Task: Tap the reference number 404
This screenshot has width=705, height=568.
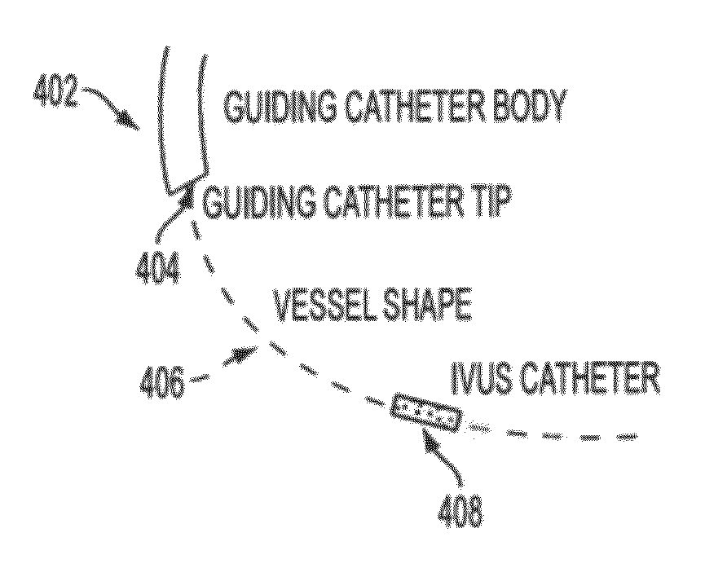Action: click(x=157, y=266)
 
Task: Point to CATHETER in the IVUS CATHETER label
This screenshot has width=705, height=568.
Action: click(x=593, y=377)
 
